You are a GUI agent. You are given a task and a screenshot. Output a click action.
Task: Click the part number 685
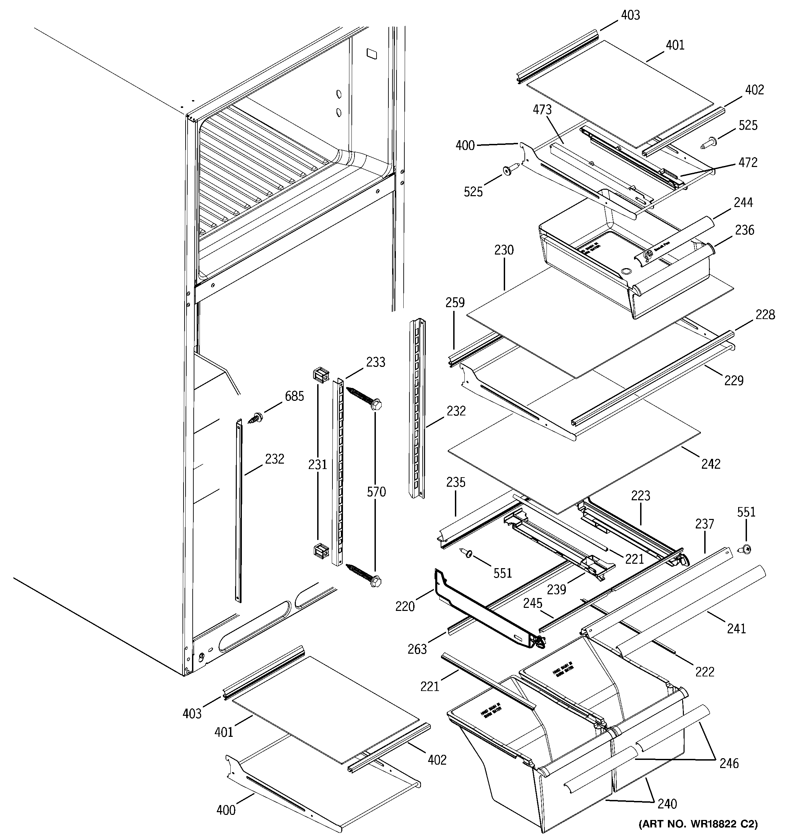point(294,396)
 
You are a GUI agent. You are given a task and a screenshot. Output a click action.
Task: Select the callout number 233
point(376,362)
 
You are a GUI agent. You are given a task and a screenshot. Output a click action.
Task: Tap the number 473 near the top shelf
point(542,110)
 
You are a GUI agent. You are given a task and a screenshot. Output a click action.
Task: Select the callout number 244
point(743,203)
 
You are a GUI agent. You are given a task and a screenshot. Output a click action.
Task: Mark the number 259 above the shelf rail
point(455,302)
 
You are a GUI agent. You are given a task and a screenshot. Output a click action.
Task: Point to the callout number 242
point(711,464)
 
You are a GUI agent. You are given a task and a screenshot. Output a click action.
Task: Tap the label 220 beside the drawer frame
point(405,606)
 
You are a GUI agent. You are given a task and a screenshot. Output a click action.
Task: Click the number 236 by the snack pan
point(744,230)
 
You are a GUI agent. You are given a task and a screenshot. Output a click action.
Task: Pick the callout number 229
point(734,381)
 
